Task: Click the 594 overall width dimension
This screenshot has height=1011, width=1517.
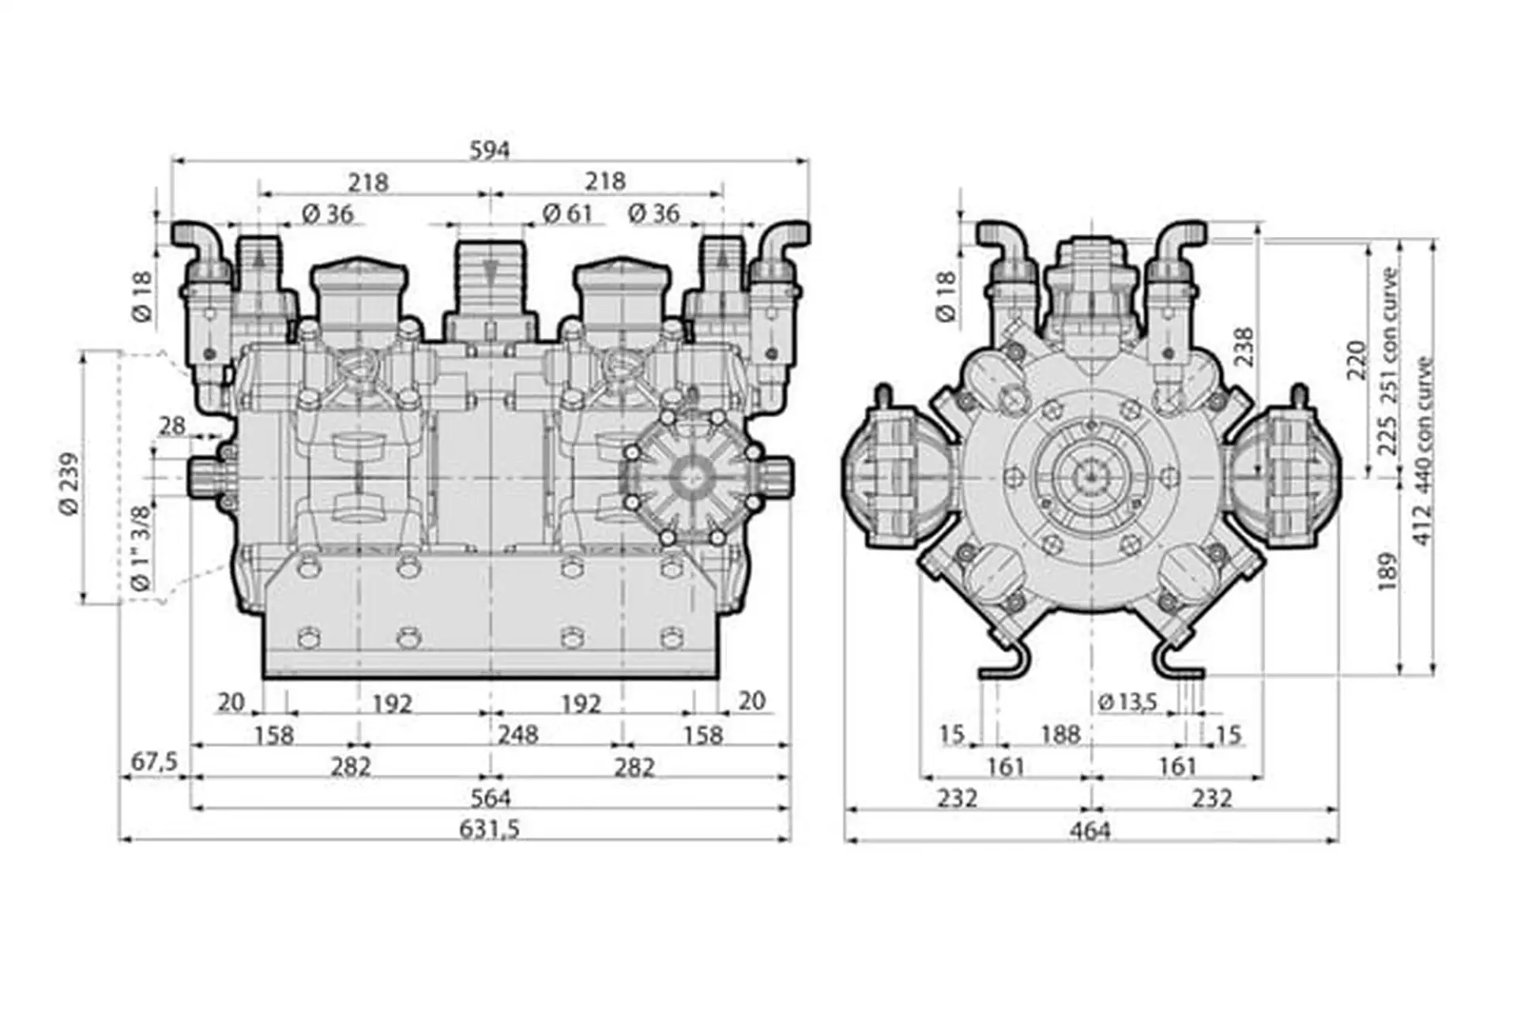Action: (x=490, y=149)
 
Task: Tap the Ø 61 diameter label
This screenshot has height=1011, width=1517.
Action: (x=567, y=213)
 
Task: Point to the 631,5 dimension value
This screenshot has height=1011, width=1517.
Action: (x=490, y=829)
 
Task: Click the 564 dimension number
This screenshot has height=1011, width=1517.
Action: (x=491, y=798)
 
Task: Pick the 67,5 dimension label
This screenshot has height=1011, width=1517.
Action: (x=154, y=762)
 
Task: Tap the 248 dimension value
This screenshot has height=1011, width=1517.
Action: (x=518, y=735)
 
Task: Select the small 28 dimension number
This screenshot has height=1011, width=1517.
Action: (x=171, y=426)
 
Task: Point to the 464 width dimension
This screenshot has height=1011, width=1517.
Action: (x=1090, y=830)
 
